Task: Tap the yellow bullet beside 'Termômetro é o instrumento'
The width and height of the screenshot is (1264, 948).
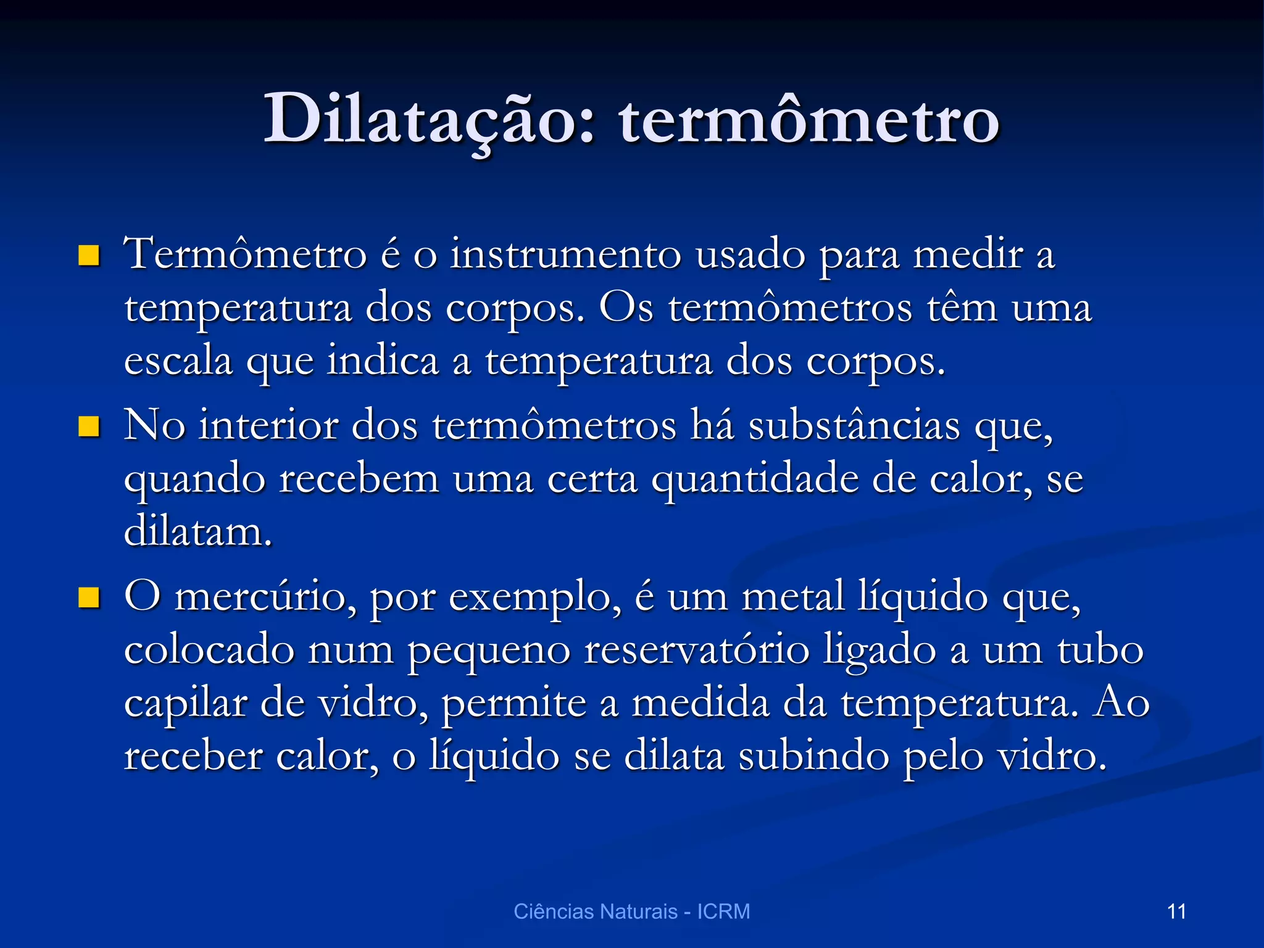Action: coord(89,256)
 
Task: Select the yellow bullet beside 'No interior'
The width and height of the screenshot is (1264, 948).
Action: coord(89,426)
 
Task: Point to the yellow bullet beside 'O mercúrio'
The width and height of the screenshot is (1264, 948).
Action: coord(89,597)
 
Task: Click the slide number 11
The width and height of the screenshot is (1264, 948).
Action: coord(1176,912)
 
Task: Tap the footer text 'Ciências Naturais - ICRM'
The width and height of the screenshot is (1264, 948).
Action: coord(631,912)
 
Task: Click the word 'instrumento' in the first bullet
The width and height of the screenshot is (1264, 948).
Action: coord(565,254)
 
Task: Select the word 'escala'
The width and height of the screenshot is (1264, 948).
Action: coord(178,360)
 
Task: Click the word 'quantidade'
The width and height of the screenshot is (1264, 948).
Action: coord(755,479)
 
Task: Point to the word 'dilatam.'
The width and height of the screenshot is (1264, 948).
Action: coord(198,532)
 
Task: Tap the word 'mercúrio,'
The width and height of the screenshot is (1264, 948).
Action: coord(265,597)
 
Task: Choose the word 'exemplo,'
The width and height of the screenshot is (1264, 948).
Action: coord(534,598)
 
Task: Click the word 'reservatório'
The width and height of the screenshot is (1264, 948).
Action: coord(696,650)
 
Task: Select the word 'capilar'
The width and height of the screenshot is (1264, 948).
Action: coord(185,704)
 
